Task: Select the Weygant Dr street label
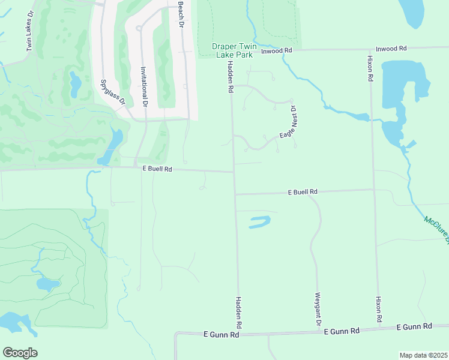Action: [318, 308]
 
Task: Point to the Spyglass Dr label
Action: [112, 92]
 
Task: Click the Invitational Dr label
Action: [143, 86]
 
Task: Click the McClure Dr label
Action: [435, 229]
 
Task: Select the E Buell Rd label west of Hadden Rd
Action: [157, 169]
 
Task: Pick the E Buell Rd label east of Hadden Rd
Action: [302, 192]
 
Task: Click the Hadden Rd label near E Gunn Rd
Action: [239, 312]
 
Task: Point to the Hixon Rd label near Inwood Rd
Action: [370, 68]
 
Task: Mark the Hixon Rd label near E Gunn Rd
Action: [379, 310]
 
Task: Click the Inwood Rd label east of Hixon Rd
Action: [391, 48]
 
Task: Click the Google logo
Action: [20, 353]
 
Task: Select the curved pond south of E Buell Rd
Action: [257, 222]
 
